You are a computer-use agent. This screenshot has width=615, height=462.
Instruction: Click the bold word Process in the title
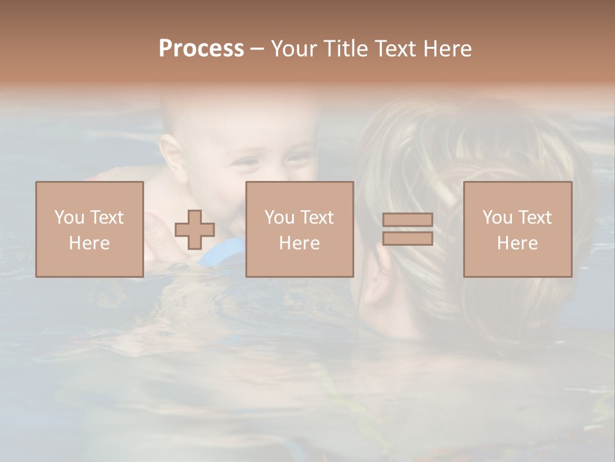point(201,49)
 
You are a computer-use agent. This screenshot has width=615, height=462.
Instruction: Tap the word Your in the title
point(293,49)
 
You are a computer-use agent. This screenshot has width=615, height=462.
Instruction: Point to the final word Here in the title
point(447,49)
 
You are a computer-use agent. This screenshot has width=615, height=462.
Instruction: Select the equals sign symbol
point(407,229)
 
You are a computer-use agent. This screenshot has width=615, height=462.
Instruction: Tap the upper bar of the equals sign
point(407,220)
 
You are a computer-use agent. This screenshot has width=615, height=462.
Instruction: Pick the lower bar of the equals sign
point(407,238)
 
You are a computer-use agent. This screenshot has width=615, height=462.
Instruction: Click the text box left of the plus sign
point(89,229)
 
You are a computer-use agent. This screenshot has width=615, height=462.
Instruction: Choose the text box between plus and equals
point(299,229)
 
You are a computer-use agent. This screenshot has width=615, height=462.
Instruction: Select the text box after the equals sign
point(517,229)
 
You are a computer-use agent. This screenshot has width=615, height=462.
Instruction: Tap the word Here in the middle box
point(299,243)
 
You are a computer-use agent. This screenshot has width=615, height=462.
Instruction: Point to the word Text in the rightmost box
point(535,218)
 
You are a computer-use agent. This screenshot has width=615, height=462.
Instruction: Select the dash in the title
point(258,49)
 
